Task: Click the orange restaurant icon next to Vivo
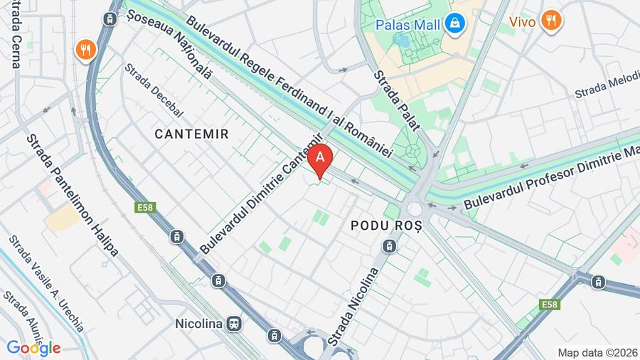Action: tap(551, 20)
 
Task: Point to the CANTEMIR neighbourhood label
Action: tap(191, 133)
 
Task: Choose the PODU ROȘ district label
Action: tap(387, 225)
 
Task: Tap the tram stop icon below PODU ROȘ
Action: tap(389, 246)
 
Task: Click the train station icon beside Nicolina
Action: tap(234, 324)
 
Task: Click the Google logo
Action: tap(33, 348)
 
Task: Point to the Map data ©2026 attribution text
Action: tap(597, 352)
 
